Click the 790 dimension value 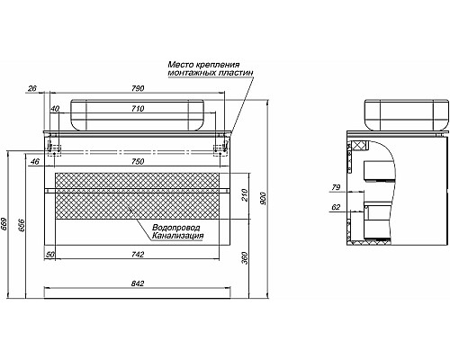click(x=138, y=88)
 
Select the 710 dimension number click(x=138, y=109)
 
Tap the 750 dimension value click(x=138, y=162)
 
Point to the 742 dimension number click(x=138, y=255)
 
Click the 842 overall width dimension click(x=138, y=283)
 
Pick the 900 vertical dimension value click(x=263, y=198)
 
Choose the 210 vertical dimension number click(x=245, y=195)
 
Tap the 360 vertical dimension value click(x=245, y=257)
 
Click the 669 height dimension click(x=5, y=223)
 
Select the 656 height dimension click(x=21, y=225)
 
